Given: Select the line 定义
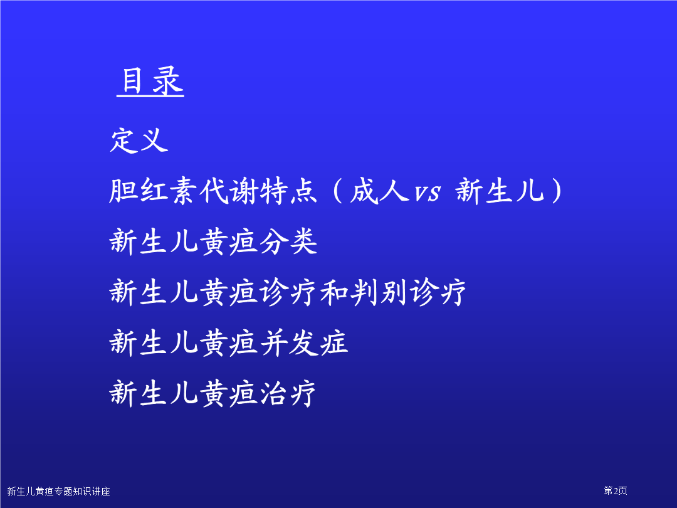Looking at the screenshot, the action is click(x=139, y=140).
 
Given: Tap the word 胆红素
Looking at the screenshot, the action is click(x=154, y=191).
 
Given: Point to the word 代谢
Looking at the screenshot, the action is click(x=229, y=191).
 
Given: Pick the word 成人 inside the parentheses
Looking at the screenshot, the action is click(x=379, y=191).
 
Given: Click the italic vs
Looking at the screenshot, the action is click(x=428, y=193).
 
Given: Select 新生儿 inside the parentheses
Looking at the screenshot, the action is click(x=500, y=191).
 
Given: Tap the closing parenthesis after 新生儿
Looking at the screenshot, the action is click(x=557, y=191).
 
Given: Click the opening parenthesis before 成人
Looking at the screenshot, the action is click(x=338, y=191).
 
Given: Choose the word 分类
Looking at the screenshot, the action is click(x=288, y=241).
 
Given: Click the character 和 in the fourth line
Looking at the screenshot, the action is click(x=334, y=292).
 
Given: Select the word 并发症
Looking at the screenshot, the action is click(x=303, y=343).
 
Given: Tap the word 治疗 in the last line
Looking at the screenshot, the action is click(x=288, y=393).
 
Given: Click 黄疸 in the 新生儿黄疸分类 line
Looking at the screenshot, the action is click(x=228, y=241).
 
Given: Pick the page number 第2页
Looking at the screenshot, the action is click(x=616, y=490).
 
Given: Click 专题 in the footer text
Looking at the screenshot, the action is click(x=63, y=491).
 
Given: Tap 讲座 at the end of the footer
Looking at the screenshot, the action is click(x=101, y=491).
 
